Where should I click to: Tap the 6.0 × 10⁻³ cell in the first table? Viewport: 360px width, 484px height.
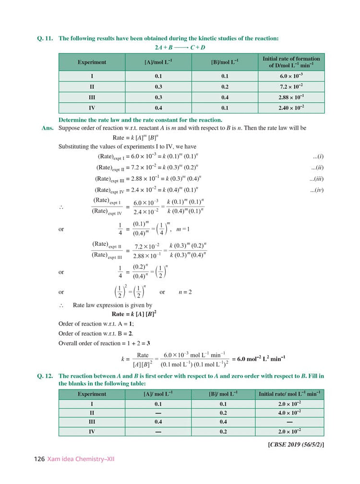tap(291, 76)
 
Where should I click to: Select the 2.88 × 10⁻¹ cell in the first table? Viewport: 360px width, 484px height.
tap(291, 97)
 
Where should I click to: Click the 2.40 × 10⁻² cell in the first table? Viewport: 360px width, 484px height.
tap(291, 108)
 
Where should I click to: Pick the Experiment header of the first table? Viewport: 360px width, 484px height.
tap(92, 62)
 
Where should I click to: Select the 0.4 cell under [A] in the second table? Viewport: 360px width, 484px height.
tap(158, 422)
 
